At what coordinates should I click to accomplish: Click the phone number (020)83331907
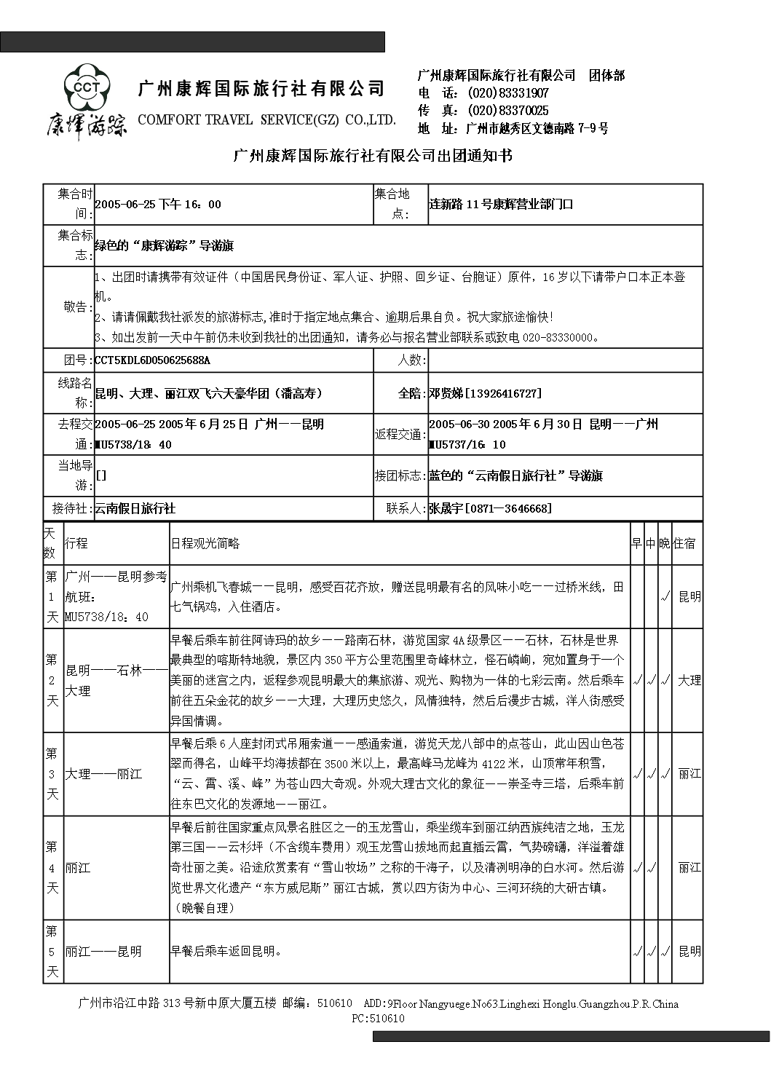pos(508,93)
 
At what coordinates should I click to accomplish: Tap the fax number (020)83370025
pos(508,111)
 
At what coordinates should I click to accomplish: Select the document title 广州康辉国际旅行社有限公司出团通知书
pos(372,156)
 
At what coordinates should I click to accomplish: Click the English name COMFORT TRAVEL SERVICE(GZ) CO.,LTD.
pos(266,120)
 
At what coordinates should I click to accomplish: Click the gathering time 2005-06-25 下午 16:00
pos(158,205)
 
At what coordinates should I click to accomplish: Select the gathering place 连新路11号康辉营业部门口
pos(501,205)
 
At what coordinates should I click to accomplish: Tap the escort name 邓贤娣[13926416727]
pos(485,394)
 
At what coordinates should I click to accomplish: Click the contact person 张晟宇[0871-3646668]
pos(490,509)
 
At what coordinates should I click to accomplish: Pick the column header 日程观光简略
pos(205,544)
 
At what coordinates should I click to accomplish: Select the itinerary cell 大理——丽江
pos(104,774)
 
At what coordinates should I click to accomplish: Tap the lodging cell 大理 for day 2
pos(689,681)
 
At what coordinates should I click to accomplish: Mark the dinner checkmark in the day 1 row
pos(665,597)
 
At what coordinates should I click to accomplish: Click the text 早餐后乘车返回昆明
pos(226,952)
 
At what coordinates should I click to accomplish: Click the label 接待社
pos(69,509)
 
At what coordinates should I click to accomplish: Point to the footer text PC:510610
pos(378,1019)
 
